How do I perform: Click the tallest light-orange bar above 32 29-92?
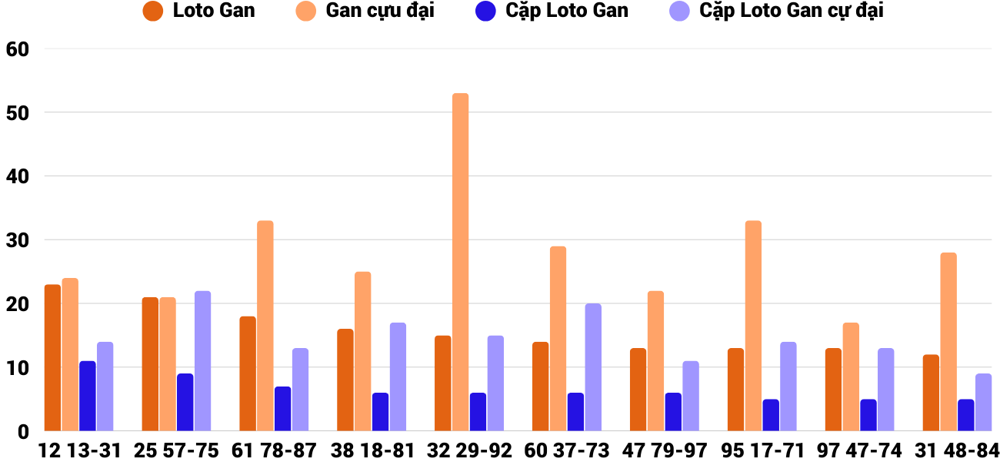click(460, 262)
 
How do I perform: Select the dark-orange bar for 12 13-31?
click(52, 358)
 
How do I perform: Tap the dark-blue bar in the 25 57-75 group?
click(185, 402)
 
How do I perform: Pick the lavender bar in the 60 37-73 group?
click(593, 367)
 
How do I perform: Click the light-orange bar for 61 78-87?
click(265, 326)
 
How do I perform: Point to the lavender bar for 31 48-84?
click(983, 402)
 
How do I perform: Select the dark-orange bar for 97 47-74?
click(833, 390)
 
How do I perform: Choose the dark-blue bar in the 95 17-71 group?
click(771, 415)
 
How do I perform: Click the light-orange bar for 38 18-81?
click(362, 351)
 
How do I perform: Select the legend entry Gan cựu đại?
click(380, 11)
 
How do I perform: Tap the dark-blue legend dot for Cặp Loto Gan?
click(485, 12)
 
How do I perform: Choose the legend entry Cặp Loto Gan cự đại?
click(792, 11)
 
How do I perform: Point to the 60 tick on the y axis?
click(17, 49)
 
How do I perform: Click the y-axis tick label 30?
click(17, 240)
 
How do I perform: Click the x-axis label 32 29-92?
click(470, 450)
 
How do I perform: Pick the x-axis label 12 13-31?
click(80, 450)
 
